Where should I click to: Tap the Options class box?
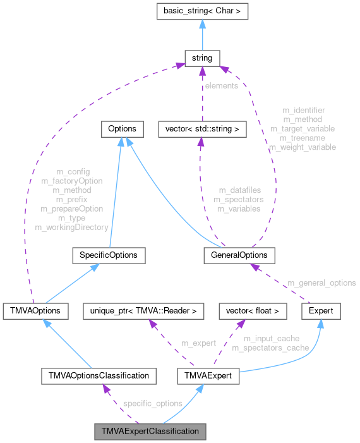point(123,129)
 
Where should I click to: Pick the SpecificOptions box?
point(109,255)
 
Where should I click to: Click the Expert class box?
point(321,311)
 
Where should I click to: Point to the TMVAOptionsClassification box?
point(98,375)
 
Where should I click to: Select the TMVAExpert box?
point(208,375)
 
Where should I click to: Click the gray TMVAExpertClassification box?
point(150,432)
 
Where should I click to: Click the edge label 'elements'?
point(220,85)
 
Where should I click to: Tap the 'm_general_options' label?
point(321,282)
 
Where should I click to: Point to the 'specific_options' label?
point(153,403)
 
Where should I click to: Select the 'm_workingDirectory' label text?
point(71,227)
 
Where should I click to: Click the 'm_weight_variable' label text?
point(303,147)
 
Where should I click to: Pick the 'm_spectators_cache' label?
point(270,348)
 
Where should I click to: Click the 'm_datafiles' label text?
point(239,190)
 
